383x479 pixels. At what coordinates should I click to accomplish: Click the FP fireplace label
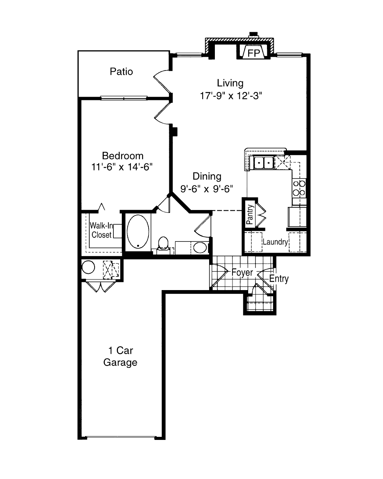[254, 53]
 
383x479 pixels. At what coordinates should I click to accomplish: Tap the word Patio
[121, 72]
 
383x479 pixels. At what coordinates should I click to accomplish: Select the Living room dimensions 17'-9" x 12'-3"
[231, 96]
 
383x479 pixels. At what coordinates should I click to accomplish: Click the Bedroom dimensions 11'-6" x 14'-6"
[122, 167]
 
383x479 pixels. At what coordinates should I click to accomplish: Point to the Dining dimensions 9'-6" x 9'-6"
[206, 189]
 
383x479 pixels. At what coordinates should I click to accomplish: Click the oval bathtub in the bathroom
[138, 231]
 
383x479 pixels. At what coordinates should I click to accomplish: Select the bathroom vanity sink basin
[200, 248]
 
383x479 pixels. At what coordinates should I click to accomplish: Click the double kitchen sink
[264, 163]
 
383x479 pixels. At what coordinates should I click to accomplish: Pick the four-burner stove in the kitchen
[299, 188]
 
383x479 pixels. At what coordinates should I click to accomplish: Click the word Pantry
[250, 214]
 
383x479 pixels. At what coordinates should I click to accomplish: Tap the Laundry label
[275, 242]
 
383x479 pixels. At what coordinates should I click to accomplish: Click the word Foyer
[242, 272]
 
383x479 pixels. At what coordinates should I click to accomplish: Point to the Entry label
[279, 279]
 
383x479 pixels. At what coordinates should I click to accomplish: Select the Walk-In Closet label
[101, 230]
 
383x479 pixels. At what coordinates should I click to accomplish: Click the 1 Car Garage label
[120, 356]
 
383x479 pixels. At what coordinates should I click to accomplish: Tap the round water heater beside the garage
[88, 267]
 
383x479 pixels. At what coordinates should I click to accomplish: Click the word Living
[230, 83]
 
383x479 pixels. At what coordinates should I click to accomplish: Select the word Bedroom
[123, 156]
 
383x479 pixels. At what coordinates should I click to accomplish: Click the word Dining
[207, 176]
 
